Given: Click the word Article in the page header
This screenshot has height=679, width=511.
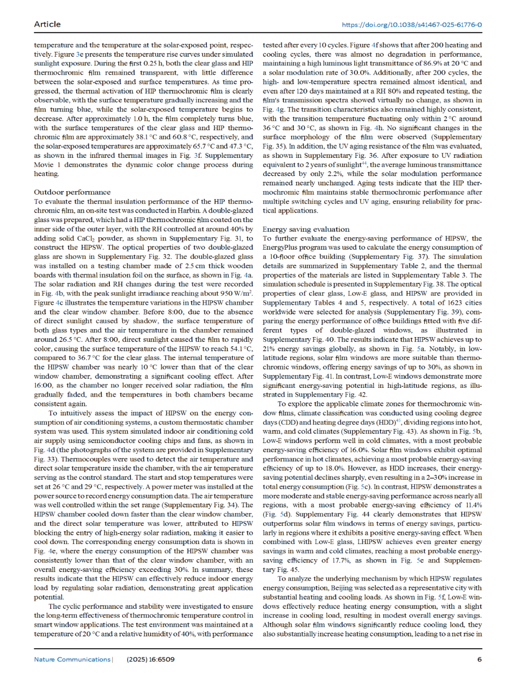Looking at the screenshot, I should pyautogui.click(x=47, y=24).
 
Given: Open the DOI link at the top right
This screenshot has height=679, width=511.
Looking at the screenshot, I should pyautogui.click(x=412, y=25).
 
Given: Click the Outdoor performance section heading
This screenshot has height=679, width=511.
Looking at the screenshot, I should pyautogui.click(x=72, y=192).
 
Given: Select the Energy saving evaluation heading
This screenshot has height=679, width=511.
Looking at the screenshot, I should pyautogui.click(x=306, y=229).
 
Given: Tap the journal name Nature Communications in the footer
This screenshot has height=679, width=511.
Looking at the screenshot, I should pyautogui.click(x=72, y=659).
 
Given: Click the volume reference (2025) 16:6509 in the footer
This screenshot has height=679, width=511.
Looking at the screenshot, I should pyautogui.click(x=150, y=659).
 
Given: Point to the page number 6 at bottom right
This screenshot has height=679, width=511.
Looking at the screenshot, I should pyautogui.click(x=479, y=659).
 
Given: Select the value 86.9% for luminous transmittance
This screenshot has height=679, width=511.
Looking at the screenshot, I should pyautogui.click(x=428, y=63).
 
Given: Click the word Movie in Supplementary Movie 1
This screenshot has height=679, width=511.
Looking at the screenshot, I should pyautogui.click(x=44, y=165).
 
